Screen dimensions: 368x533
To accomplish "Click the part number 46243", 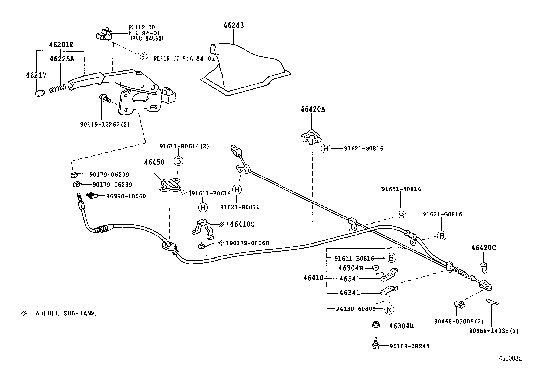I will pos(234,25).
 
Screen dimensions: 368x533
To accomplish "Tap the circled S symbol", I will pos(143,57).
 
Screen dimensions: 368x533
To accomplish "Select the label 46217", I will pos(36,75).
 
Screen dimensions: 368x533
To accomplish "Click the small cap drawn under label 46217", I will pos(40,93).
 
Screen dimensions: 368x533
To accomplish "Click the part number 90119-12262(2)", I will pos(105,124).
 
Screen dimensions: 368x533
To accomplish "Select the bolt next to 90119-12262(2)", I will pos(104,98).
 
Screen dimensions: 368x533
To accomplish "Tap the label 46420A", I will pos(313,109).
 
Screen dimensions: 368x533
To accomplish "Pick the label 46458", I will pos(154,162).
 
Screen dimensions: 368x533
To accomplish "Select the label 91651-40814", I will pos(401,189).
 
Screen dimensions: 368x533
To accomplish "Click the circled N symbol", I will pos(389,309).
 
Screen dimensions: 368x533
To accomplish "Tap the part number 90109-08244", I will pos(409,346).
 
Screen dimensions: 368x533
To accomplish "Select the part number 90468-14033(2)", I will pos(493,331).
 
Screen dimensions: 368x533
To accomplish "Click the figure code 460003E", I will pos(510,358).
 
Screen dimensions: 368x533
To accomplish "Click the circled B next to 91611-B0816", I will pos(391,258).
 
